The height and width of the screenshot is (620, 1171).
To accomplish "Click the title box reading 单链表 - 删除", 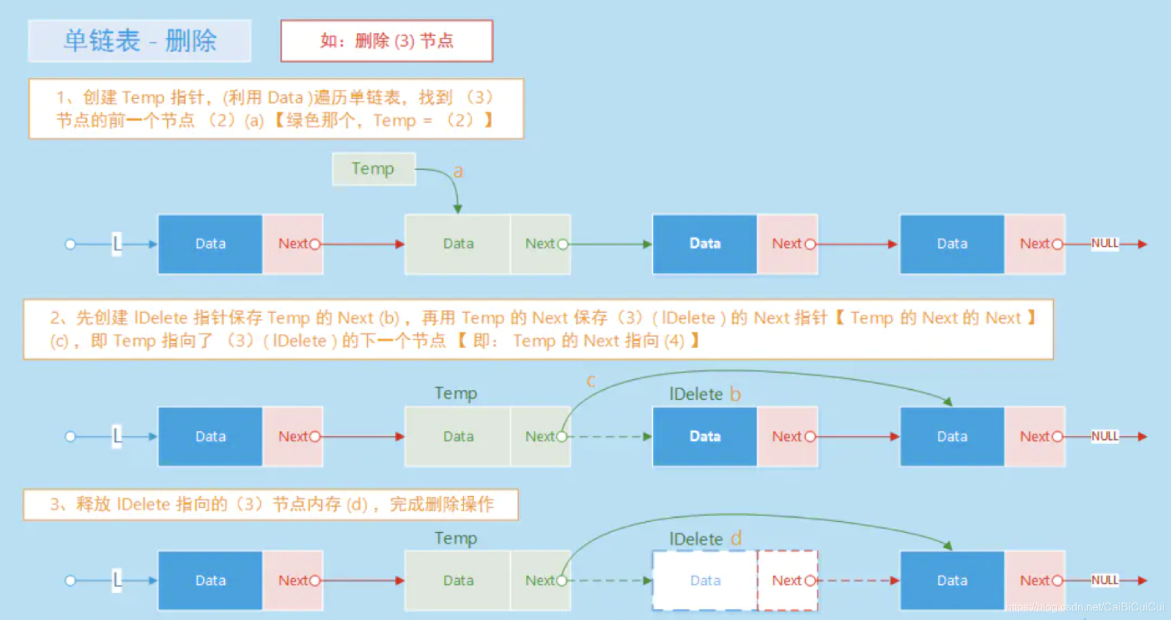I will click(140, 41).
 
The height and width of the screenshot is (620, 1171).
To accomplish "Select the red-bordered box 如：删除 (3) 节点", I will click(387, 41).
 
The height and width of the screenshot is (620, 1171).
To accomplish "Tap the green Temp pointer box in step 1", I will click(373, 169).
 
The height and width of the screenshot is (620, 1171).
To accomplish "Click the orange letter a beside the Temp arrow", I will click(459, 171).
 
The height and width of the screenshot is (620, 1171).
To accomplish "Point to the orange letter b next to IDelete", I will click(735, 394).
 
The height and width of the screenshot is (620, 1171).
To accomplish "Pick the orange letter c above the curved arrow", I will click(591, 381).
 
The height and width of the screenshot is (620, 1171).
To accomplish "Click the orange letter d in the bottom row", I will click(736, 539).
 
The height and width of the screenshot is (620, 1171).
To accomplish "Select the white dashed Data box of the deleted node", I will click(704, 580).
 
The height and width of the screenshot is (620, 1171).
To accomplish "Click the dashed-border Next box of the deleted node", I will click(787, 580).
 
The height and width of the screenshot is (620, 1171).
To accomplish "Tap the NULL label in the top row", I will click(1105, 244).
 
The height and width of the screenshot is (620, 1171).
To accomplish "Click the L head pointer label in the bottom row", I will click(117, 580).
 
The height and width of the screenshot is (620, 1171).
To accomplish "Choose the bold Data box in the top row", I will click(704, 244).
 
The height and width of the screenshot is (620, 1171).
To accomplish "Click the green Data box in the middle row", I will click(458, 437).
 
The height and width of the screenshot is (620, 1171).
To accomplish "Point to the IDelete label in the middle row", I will click(696, 394).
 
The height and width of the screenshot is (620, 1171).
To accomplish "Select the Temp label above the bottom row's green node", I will click(456, 538).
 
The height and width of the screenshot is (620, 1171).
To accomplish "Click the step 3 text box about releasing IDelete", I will click(271, 504).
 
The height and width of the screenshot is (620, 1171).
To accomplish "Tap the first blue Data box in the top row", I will click(210, 244).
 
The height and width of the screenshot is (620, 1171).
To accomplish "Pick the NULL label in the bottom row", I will click(1105, 580).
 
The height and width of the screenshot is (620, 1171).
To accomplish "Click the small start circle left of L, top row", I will click(70, 244).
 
